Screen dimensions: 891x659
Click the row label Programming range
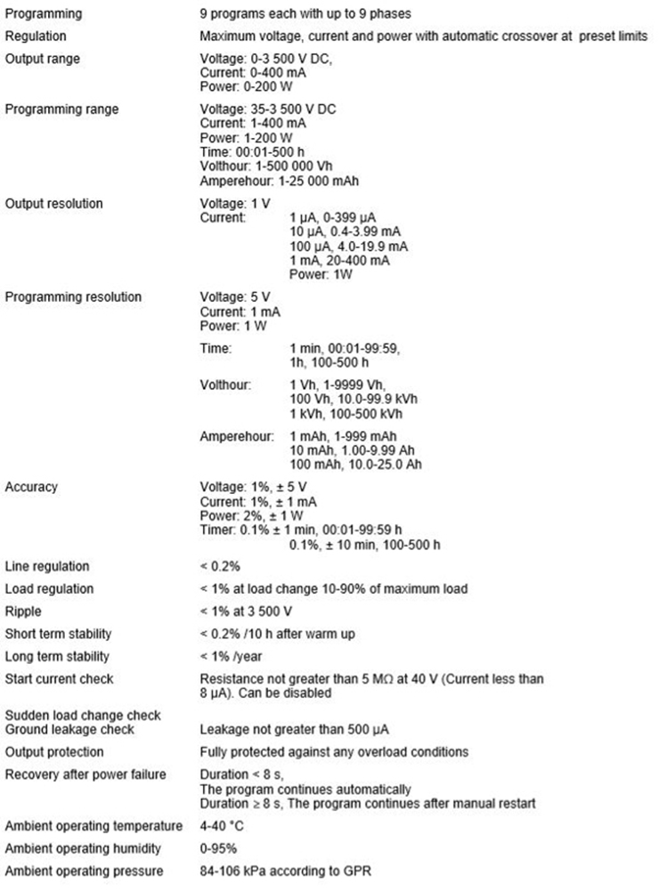point(61,109)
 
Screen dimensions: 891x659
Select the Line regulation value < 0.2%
point(222,566)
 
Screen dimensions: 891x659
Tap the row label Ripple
point(25,612)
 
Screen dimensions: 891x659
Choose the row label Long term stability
point(57,657)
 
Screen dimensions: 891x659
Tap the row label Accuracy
point(31,486)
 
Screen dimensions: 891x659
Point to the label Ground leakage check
point(69,729)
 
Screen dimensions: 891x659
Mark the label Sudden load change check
point(82,716)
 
